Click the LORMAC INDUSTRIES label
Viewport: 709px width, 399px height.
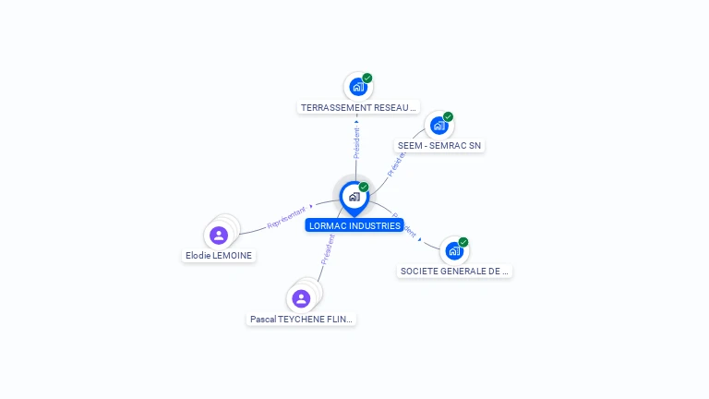coord(354,225)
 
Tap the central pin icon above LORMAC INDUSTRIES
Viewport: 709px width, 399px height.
coord(354,197)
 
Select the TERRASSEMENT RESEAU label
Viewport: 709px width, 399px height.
coord(359,107)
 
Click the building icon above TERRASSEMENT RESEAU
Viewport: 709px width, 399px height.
coord(357,87)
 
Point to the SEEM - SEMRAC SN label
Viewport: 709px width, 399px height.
coord(439,146)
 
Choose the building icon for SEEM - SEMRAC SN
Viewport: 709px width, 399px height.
coord(439,126)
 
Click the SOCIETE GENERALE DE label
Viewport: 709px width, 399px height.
coord(454,272)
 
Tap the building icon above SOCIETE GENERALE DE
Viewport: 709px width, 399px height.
coord(453,251)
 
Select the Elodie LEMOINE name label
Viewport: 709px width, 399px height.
coord(219,256)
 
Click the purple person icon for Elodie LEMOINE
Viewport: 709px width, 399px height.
coord(219,235)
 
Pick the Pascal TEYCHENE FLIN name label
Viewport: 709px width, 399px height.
coord(301,320)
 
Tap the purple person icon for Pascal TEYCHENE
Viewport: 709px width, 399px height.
coord(301,298)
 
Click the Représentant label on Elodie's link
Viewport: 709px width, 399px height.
coord(286,217)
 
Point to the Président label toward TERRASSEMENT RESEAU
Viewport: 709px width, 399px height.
coord(356,142)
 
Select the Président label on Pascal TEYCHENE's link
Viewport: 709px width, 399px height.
coord(327,250)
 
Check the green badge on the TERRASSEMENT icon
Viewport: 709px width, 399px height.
coord(367,78)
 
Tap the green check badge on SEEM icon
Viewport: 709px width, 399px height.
coord(448,116)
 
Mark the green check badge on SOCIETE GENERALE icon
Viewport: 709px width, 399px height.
coord(463,242)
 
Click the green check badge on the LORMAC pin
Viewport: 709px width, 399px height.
coord(364,187)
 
